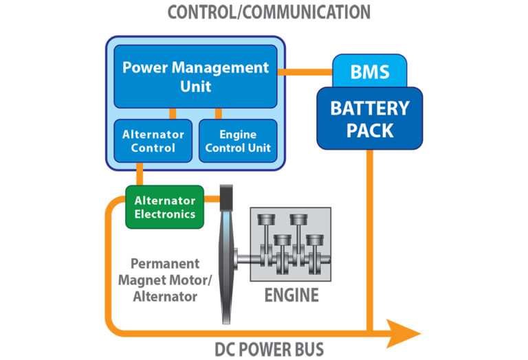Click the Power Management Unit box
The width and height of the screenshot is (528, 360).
(195, 76)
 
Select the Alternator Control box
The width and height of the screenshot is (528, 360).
(153, 141)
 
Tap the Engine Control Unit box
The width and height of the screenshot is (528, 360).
(238, 141)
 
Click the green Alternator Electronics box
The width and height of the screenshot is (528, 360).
(164, 207)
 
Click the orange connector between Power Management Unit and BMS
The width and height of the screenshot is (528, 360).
(305, 70)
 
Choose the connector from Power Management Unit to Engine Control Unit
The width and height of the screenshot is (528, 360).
(218, 113)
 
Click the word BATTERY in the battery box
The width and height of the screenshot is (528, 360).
(369, 109)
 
